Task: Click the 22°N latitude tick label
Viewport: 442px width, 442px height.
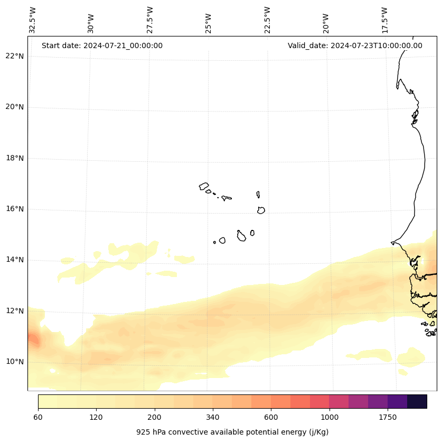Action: [x=15, y=56]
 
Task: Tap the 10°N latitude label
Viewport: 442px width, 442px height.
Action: [x=15, y=362]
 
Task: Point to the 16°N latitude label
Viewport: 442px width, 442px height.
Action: [x=15, y=209]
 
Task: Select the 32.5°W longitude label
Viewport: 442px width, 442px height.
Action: [x=33, y=20]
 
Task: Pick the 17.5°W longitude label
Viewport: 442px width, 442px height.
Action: [x=384, y=20]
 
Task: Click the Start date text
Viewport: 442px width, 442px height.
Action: [x=102, y=45]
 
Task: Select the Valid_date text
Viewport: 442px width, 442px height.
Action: [x=355, y=45]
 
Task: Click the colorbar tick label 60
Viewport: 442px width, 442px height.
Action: [x=38, y=418]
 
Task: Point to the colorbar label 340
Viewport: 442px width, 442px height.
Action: [x=213, y=418]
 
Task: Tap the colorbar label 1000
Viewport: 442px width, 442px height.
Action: [x=330, y=418]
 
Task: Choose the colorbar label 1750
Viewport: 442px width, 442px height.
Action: [x=388, y=418]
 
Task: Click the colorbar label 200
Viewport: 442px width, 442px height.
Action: [x=155, y=418]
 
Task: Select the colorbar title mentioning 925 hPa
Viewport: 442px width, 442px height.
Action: [x=232, y=432]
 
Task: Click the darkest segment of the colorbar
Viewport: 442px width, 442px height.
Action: [x=417, y=401]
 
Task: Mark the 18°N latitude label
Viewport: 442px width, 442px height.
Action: [x=15, y=158]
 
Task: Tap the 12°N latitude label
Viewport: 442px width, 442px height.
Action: [x=15, y=311]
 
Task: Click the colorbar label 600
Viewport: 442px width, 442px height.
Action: [x=271, y=418]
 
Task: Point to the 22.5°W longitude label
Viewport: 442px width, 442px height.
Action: [x=267, y=20]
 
